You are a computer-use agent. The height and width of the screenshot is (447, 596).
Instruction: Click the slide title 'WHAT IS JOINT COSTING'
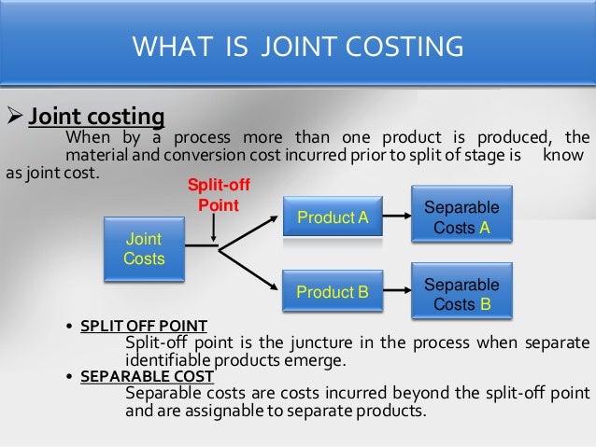297,45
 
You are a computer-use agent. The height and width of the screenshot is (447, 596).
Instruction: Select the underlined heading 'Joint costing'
96,119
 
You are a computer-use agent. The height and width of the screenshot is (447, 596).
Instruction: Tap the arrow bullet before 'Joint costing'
13,119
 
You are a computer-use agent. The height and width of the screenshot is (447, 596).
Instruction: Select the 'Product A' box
332,217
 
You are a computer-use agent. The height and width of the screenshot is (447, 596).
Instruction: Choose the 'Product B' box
332,292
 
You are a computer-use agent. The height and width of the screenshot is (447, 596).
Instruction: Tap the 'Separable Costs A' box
461,217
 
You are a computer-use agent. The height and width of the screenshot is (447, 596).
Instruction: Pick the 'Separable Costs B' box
461,294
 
